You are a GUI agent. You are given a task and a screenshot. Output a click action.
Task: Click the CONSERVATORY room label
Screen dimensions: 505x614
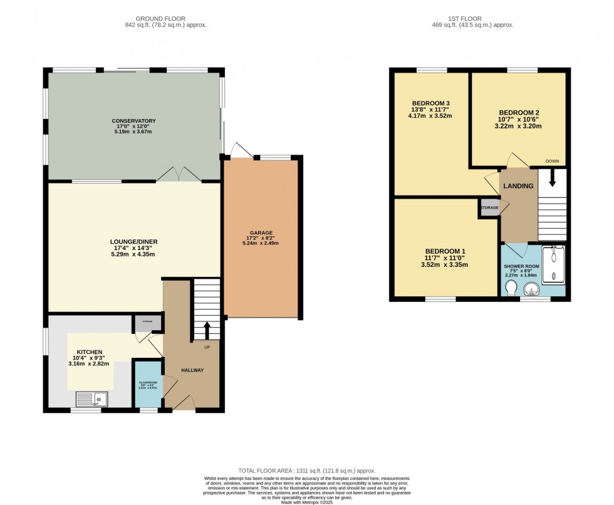(133, 120)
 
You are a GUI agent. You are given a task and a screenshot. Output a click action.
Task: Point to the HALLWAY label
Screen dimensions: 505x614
(192, 370)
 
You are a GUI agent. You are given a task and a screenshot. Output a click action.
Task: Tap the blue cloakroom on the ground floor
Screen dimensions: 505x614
(148, 385)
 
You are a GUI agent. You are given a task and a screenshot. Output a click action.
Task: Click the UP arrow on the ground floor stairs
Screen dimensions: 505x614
(207, 331)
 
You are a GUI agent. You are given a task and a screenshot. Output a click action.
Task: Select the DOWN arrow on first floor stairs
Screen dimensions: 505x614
(552, 179)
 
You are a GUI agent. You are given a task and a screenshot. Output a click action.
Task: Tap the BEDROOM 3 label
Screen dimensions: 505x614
(430, 103)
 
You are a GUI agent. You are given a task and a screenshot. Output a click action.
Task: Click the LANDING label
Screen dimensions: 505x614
(519, 186)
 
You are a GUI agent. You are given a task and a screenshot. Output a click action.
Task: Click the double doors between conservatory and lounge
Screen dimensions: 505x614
(179, 175)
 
